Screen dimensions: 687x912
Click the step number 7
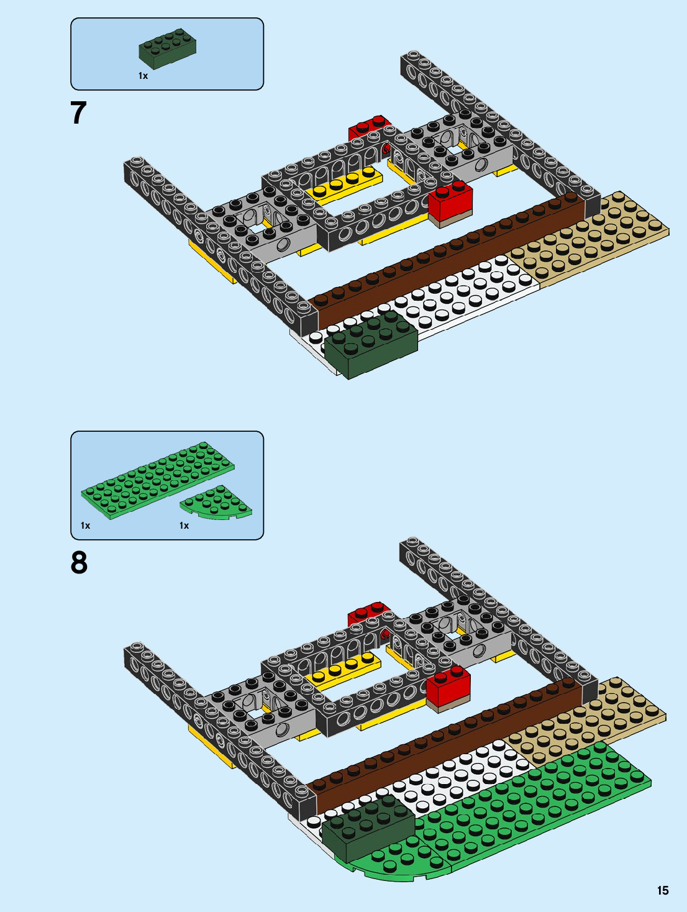(78, 113)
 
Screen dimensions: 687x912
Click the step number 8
(79, 563)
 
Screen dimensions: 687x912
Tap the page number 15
(663, 890)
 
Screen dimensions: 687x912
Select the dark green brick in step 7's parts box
(167, 48)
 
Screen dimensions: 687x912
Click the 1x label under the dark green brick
(143, 76)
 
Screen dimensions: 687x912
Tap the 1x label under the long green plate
(85, 526)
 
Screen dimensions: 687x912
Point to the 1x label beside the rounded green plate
(184, 526)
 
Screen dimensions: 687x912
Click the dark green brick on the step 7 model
(371, 345)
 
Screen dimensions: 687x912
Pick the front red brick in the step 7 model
(450, 200)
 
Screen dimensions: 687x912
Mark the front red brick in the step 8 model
(448, 686)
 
